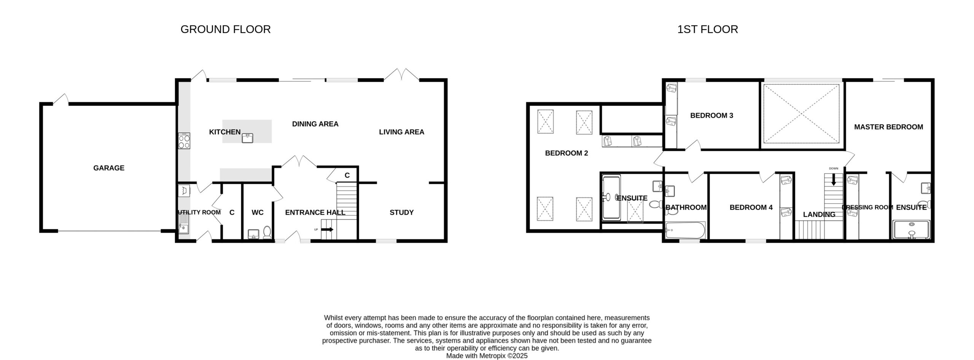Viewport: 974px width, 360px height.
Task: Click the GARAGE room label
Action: pyautogui.click(x=109, y=168)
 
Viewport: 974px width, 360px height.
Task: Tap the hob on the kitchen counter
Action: pyautogui.click(x=184, y=141)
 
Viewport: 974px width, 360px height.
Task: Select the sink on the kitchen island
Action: pyautogui.click(x=248, y=138)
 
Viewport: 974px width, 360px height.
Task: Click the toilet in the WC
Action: pyautogui.click(x=267, y=233)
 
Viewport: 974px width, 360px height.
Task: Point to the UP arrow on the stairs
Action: pyautogui.click(x=327, y=229)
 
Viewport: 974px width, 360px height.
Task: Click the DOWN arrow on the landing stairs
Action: pyautogui.click(x=834, y=179)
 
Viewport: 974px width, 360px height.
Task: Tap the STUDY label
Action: pyautogui.click(x=401, y=212)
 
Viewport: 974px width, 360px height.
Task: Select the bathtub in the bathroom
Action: pyautogui.click(x=685, y=230)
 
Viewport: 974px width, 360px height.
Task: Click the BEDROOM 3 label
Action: pyautogui.click(x=711, y=115)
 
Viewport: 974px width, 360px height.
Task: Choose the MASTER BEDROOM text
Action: pyautogui.click(x=888, y=127)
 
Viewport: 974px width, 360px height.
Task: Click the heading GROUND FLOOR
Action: pyautogui.click(x=226, y=29)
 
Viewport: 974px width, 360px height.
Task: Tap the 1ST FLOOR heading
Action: pyautogui.click(x=708, y=29)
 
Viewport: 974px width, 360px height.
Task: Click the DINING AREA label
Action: pyautogui.click(x=315, y=124)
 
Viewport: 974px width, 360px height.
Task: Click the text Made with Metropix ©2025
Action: pyautogui.click(x=487, y=356)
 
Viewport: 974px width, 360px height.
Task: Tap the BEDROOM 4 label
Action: pyautogui.click(x=751, y=207)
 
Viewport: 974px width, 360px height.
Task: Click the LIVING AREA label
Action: pyautogui.click(x=401, y=132)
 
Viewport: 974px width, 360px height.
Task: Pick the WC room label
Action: pyautogui.click(x=258, y=212)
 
